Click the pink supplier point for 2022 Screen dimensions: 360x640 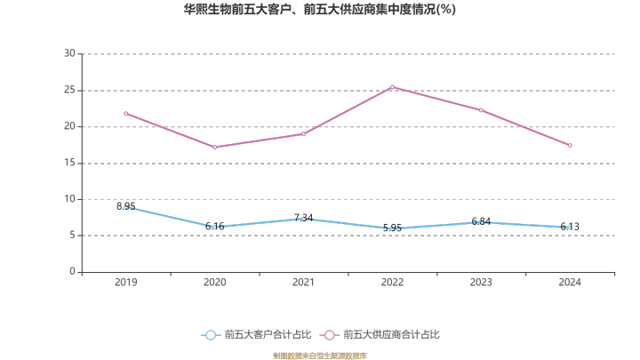392,87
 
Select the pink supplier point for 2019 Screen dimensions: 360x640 126,114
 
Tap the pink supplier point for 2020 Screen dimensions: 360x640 214,148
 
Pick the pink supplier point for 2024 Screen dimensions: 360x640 570,145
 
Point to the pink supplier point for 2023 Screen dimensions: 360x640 481,110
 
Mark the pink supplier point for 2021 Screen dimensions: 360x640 303,133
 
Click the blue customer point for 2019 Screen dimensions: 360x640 126,207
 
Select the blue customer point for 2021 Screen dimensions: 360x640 303,219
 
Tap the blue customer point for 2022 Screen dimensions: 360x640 392,229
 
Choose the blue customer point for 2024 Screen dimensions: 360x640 570,228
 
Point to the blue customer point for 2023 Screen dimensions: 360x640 481,222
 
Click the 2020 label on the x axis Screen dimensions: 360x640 214,282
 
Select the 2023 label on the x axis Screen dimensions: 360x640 481,282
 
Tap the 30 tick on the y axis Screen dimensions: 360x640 69,53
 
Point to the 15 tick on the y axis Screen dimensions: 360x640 69,163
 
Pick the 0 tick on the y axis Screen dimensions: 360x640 72,272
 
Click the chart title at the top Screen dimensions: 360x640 319,10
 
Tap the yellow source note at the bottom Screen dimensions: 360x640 319,355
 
